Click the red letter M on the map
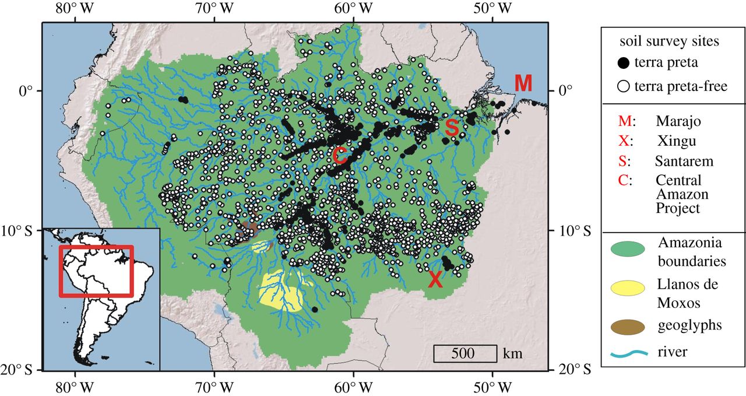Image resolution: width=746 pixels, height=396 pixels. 523,83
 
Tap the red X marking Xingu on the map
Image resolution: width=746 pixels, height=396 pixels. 435,279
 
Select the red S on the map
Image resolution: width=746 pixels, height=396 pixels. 451,128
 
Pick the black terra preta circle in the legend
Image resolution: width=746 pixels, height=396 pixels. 624,62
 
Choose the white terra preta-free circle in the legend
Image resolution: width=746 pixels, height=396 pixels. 624,87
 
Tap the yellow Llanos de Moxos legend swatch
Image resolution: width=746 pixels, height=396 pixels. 627,289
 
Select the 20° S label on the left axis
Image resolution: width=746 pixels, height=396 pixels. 21,370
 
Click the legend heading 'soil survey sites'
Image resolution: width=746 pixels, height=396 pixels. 669,41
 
